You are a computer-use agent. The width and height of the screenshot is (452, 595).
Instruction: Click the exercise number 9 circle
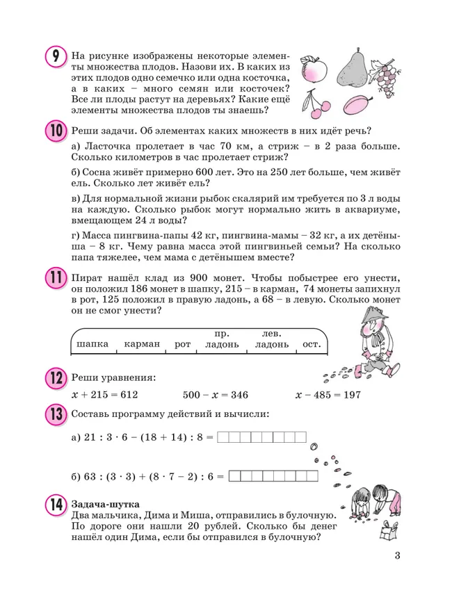[56, 56]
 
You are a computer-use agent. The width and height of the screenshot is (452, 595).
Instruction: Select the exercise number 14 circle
[56, 505]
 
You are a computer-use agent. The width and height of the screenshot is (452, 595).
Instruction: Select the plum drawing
[360, 103]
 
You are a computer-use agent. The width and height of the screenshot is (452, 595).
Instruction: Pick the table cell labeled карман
[142, 344]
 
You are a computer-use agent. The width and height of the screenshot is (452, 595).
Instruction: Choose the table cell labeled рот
[182, 344]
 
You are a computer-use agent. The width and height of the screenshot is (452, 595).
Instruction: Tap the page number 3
[397, 555]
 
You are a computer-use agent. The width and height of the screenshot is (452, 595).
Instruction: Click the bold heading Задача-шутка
[105, 503]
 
